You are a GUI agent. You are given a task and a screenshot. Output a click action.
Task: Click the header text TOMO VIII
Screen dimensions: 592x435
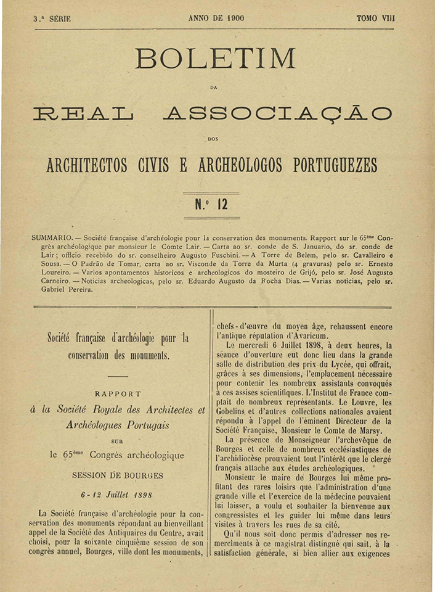coord(375,18)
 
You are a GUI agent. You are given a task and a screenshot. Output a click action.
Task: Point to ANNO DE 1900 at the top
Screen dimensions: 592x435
coord(216,18)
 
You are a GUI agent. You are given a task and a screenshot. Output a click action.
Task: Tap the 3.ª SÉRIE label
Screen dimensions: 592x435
coord(52,19)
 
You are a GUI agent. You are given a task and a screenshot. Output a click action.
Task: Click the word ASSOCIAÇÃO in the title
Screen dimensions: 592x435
coord(277,113)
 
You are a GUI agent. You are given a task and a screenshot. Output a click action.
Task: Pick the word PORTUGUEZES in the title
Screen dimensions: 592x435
coord(327,166)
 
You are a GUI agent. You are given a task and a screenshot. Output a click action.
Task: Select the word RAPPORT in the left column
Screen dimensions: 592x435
coord(118,393)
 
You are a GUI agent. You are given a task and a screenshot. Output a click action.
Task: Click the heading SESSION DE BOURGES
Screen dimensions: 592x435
coord(118,475)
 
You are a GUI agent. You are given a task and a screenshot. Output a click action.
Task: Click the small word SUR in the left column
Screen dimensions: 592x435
coord(117,441)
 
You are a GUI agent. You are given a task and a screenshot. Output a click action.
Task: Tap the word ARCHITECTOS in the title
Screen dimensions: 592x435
coord(87,166)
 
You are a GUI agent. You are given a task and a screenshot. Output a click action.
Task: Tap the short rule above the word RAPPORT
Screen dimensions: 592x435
coord(117,376)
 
